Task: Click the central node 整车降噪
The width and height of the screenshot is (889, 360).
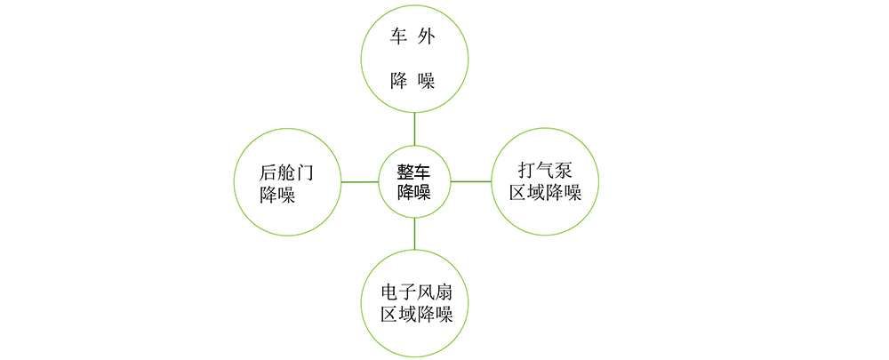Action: pos(414,181)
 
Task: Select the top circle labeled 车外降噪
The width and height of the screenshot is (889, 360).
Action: pos(414,59)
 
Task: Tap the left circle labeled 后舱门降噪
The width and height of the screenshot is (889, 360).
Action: pos(286,182)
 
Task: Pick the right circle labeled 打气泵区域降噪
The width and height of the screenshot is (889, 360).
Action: pos(544,181)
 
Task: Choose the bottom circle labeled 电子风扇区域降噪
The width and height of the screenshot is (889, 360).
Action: pos(414,302)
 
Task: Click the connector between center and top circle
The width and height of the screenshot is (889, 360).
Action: pos(414,130)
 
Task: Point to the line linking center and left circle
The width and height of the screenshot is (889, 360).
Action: pos(360,182)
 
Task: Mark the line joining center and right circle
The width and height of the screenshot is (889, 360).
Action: pos(471,181)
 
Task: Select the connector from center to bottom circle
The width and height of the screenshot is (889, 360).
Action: pos(415,233)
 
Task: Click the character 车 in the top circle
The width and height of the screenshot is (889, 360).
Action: pos(399,37)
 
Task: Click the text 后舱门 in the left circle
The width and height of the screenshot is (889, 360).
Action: pos(286,172)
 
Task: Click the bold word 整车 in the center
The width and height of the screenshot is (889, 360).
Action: pos(414,172)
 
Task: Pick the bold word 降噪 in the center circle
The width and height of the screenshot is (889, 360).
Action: pos(414,192)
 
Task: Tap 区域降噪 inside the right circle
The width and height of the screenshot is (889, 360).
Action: pos(544,193)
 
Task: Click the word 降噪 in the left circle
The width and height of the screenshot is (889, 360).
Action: pos(276,196)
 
